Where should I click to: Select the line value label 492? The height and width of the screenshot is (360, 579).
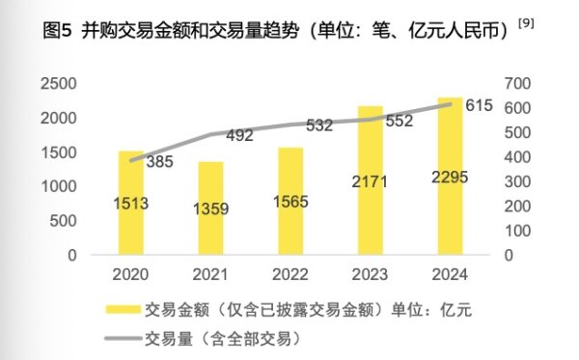[x=239, y=136]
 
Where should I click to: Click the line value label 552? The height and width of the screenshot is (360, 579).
[x=399, y=122]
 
